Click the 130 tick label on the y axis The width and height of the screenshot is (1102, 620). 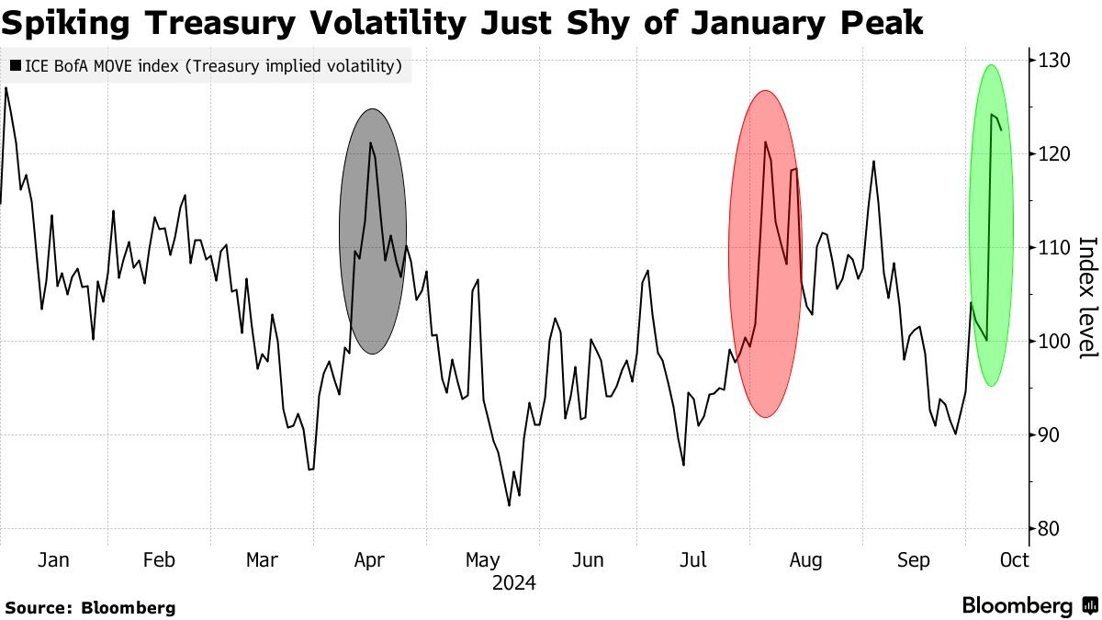click(1055, 61)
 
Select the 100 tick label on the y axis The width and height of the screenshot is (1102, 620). click(1055, 342)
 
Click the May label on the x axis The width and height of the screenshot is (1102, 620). click(482, 560)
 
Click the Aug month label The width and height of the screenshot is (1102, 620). click(805, 560)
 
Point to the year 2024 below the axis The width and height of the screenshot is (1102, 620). click(513, 583)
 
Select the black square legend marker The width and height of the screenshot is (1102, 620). click(17, 66)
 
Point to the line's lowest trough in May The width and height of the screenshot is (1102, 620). click(509, 505)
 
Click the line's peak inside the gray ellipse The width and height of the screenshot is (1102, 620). click(370, 143)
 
